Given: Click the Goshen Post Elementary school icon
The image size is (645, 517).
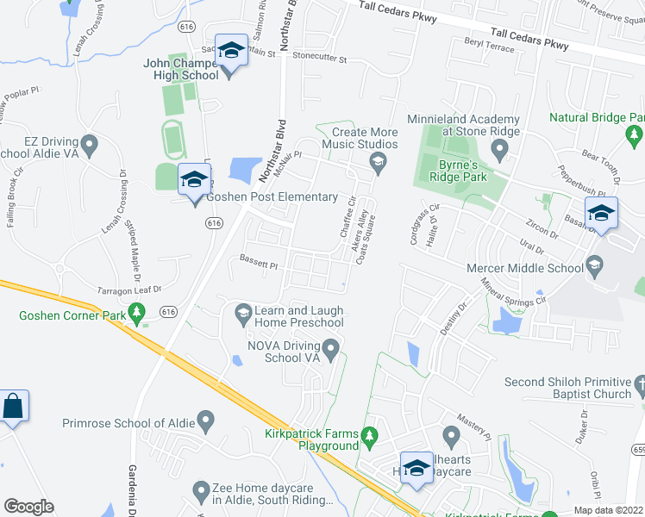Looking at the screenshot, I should (193, 180).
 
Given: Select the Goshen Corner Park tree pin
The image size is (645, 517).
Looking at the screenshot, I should (135, 313).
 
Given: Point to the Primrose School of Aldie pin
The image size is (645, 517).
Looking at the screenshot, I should (205, 421).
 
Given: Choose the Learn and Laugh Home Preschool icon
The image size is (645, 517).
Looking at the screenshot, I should (242, 316).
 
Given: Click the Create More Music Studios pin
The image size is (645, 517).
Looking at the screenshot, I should (377, 161).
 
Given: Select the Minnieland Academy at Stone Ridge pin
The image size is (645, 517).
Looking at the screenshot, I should (499, 149).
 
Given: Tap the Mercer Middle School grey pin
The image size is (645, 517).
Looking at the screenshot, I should (593, 263).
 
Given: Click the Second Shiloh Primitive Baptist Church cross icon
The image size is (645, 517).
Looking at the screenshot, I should (638, 381).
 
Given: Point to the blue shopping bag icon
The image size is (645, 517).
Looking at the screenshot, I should (14, 407).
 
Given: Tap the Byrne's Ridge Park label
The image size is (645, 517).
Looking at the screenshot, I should (451, 169).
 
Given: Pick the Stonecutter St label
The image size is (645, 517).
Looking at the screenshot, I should (318, 60).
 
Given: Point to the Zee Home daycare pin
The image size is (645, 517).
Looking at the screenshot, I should (201, 492).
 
